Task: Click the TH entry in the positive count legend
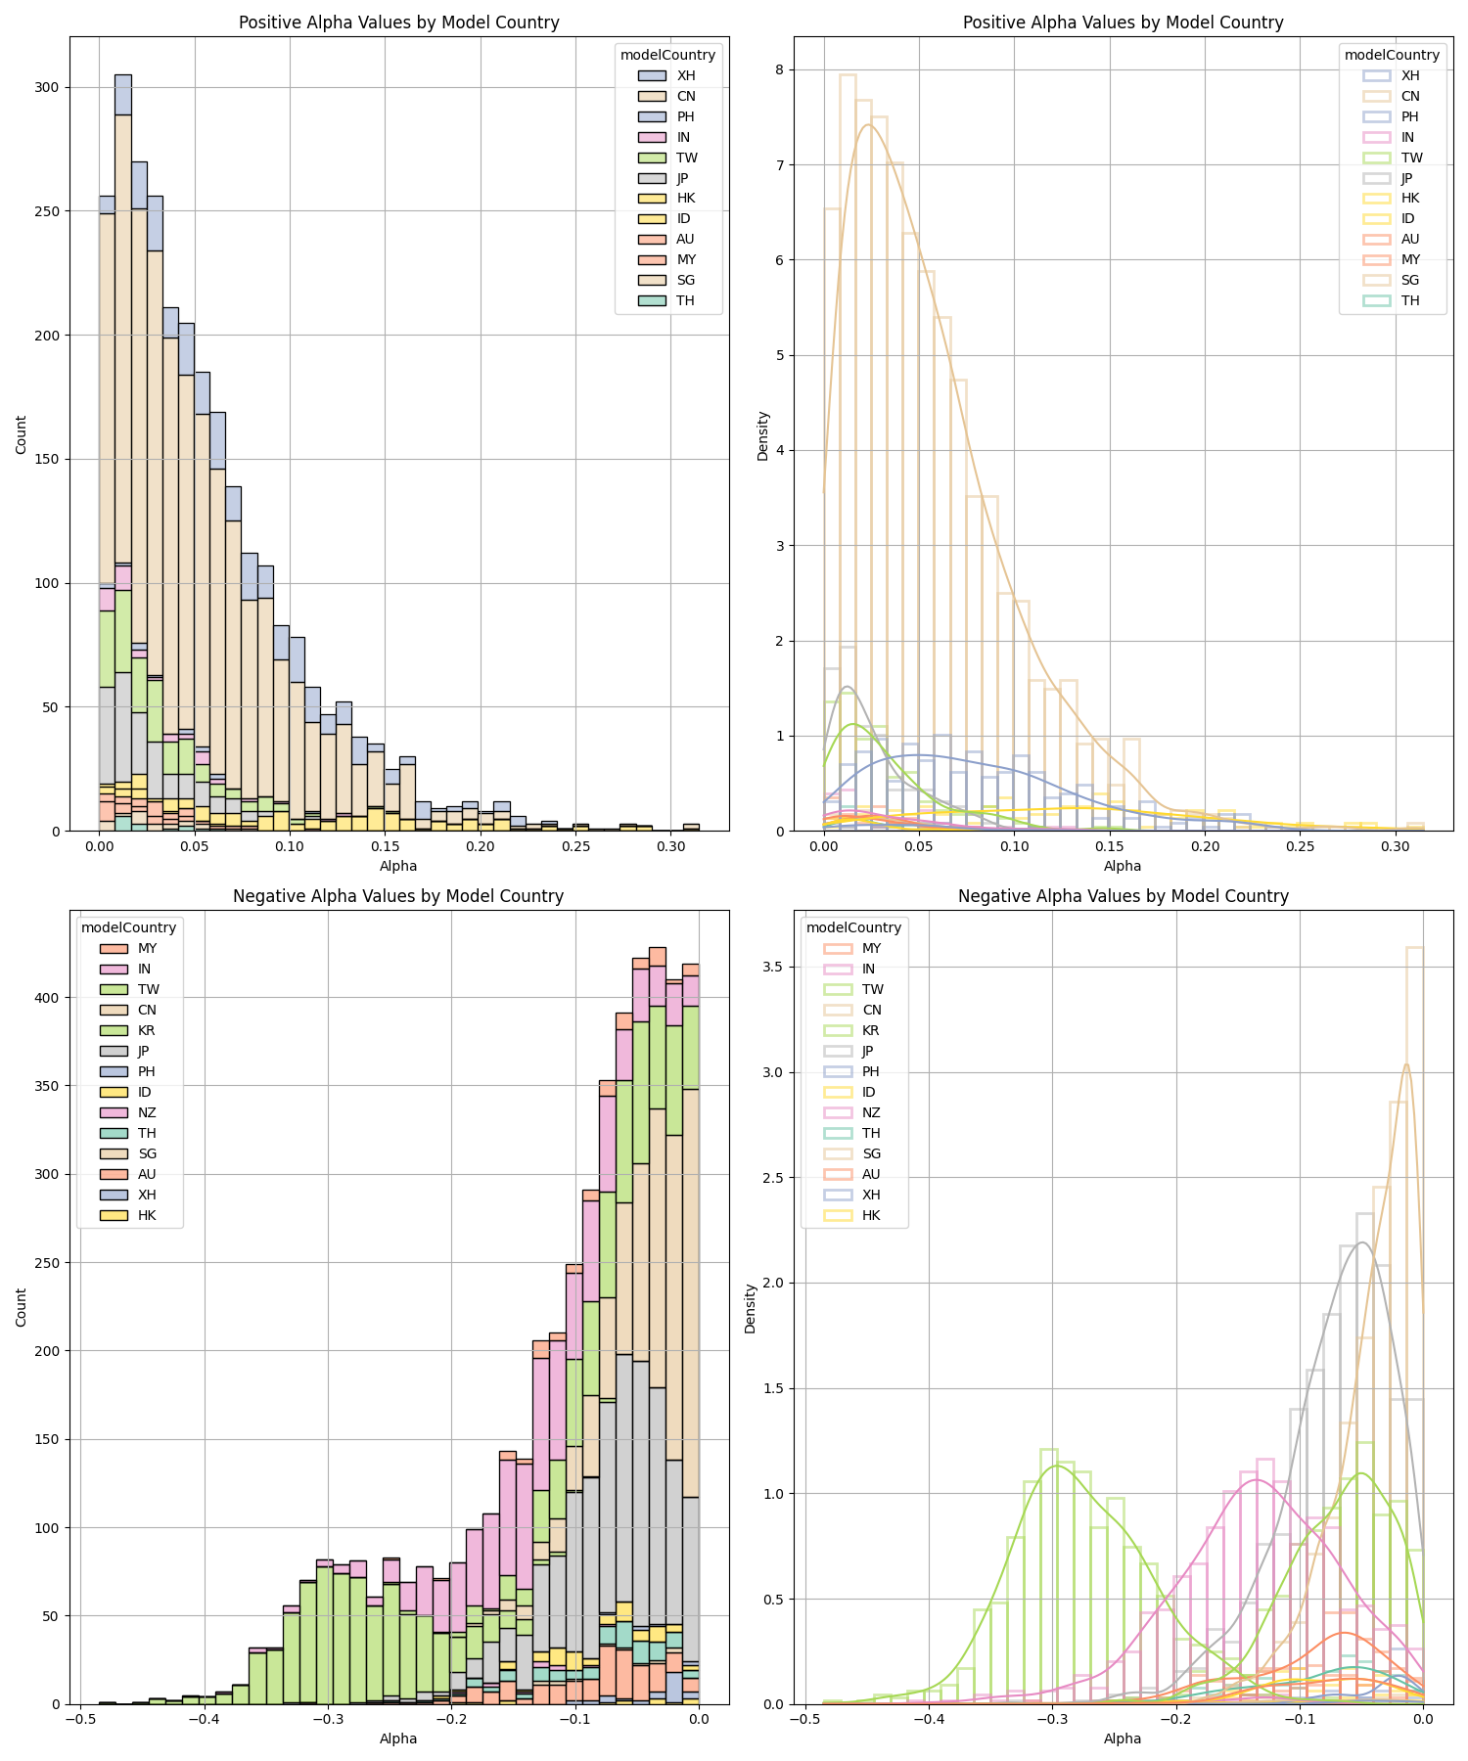coord(685,300)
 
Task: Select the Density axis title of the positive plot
coord(763,435)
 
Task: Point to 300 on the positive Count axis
coord(48,87)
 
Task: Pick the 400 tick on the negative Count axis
coord(48,998)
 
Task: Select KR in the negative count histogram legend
coord(147,1030)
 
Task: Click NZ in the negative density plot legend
coord(871,1112)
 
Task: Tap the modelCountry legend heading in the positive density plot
coord(1392,55)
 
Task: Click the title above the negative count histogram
coord(398,896)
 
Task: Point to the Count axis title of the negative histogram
coord(22,1306)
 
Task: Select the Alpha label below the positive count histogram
coord(398,866)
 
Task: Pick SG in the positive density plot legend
coord(1409,280)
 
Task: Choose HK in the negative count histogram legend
coord(147,1215)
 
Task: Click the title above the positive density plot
coord(1123,23)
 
